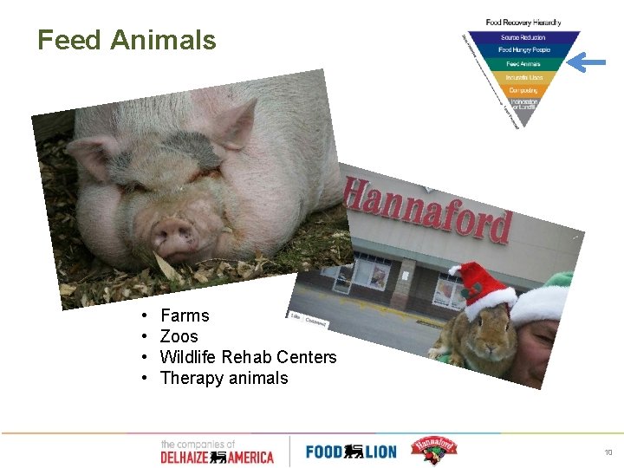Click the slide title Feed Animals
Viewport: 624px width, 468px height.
pos(127,40)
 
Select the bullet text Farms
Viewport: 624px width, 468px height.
pos(185,315)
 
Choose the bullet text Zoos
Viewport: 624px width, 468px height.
pos(179,336)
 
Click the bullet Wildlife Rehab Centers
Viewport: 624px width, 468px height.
pos(249,357)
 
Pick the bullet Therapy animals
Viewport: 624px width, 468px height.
pos(224,378)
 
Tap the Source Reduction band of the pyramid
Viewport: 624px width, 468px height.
pos(523,37)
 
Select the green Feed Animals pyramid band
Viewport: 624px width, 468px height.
pos(523,63)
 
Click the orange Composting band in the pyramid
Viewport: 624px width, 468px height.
pos(523,89)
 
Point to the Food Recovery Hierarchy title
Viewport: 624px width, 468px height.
pos(523,23)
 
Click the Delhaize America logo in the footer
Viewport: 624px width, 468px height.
pos(217,452)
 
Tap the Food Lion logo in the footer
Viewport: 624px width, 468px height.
pos(350,452)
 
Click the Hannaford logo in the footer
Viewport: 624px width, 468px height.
pos(432,450)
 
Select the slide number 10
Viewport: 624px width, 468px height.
pos(607,452)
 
